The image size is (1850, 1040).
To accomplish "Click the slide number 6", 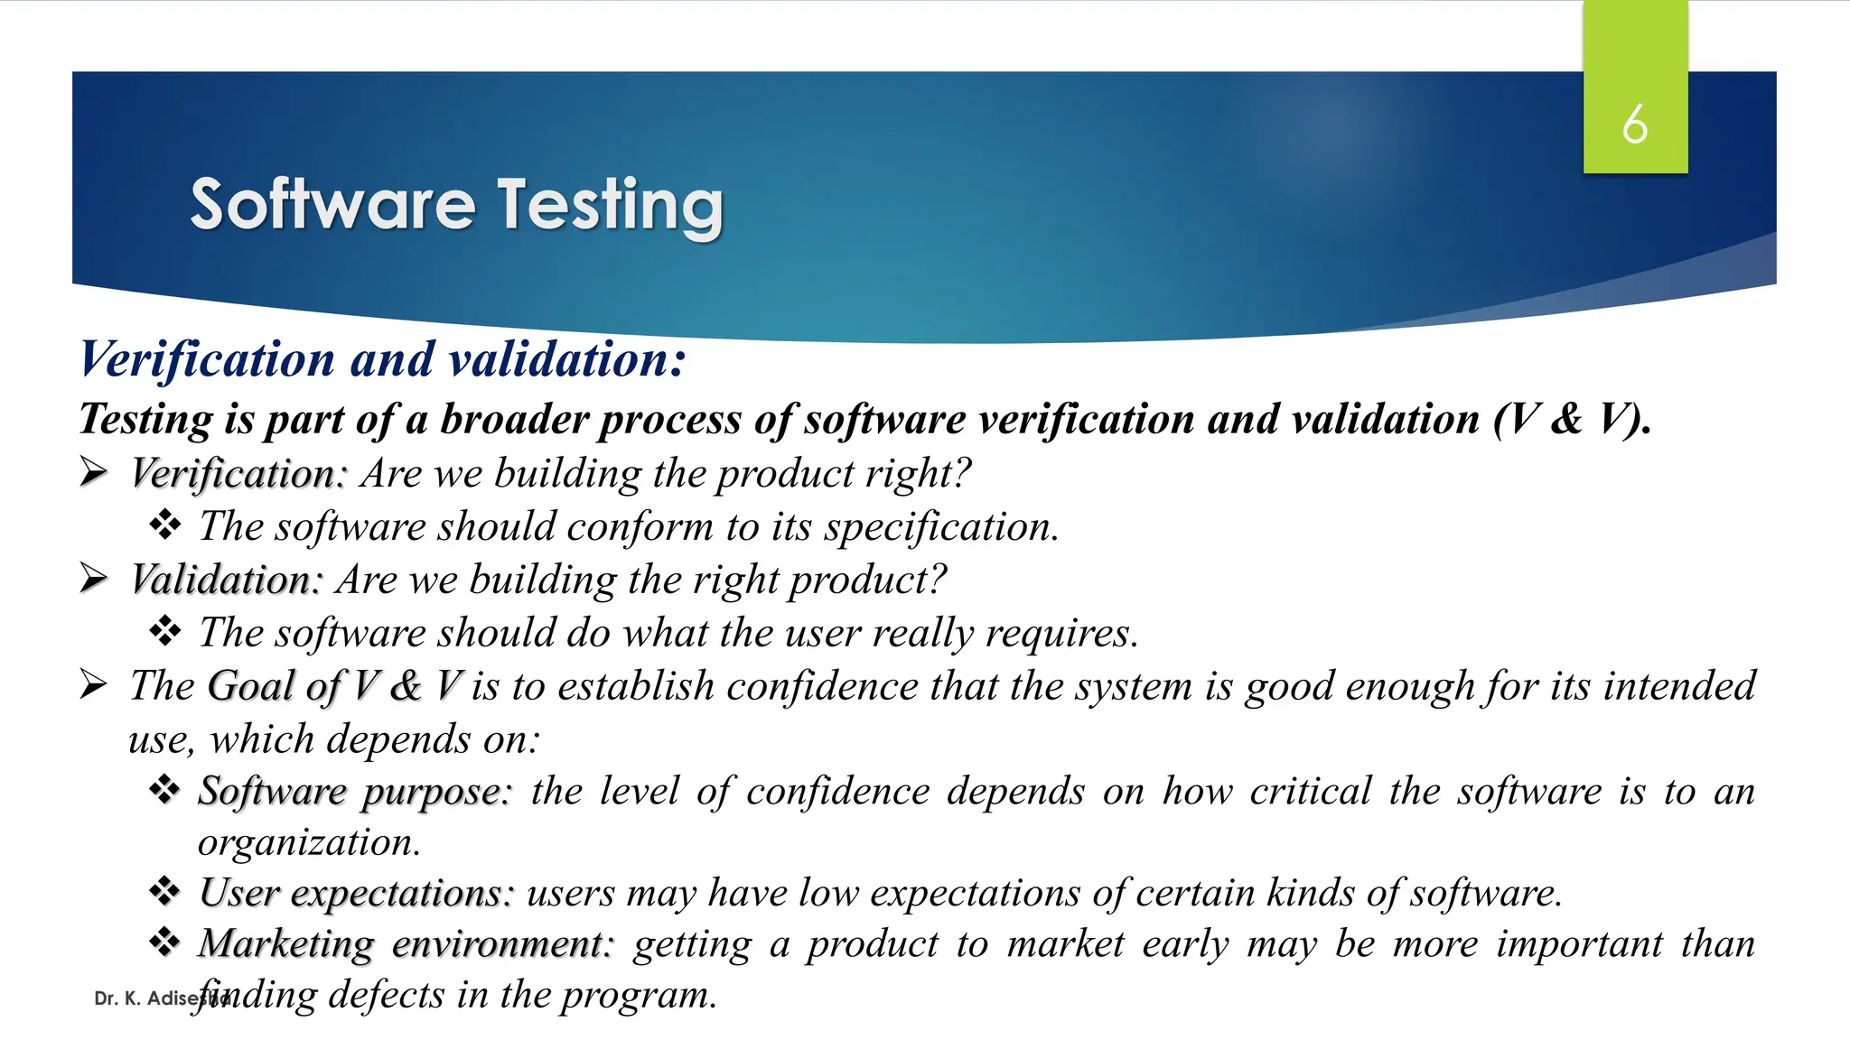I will [1634, 125].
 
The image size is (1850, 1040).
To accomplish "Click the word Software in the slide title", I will [332, 205].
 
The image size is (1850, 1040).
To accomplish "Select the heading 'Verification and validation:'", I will [382, 359].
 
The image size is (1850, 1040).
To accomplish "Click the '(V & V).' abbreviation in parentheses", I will [1572, 419].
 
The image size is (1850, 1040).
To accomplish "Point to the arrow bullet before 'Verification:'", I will [93, 472].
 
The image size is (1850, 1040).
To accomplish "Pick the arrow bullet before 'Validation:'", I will [93, 578].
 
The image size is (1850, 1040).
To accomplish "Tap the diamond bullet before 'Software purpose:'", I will [164, 790].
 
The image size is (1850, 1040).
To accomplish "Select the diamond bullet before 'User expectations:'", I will [164, 892].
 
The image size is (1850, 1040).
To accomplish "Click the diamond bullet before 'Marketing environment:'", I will [164, 942].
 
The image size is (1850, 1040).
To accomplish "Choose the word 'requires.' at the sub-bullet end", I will [1061, 633].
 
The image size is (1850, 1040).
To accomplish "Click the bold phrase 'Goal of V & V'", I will [336, 685].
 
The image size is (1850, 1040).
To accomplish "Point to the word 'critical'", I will [1310, 792].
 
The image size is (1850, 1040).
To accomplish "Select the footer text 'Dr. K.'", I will [117, 998].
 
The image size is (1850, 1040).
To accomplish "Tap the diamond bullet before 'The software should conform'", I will [164, 525].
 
